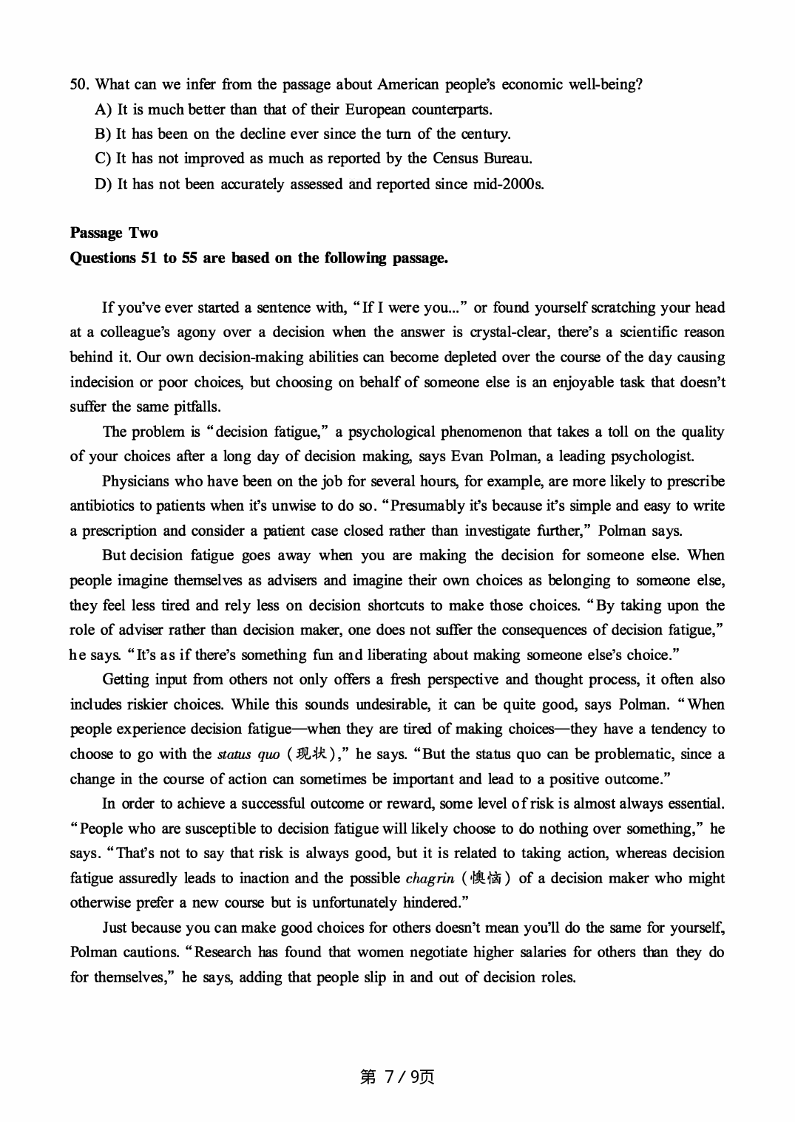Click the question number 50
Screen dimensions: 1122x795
78,84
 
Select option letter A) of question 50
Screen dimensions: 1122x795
103,109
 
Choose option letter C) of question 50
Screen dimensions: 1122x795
103,159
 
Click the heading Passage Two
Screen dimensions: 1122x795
114,233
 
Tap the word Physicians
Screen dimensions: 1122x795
136,481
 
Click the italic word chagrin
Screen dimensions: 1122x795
430,878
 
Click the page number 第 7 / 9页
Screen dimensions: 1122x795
396,1077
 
